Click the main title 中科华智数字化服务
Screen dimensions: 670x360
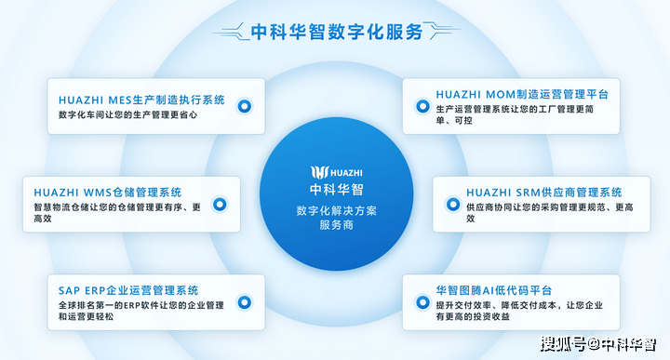pos(337,32)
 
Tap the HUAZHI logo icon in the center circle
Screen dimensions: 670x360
pos(319,172)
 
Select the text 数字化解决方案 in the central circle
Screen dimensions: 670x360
pos(337,210)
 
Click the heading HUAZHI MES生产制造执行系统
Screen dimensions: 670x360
pos(141,100)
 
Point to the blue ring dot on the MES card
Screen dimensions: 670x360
pos(245,106)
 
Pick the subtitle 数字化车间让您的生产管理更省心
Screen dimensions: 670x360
pos(127,114)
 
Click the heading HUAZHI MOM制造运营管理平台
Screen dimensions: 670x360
pos(522,94)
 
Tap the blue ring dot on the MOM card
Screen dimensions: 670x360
pos(422,106)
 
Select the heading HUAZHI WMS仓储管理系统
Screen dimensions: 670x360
pos(108,193)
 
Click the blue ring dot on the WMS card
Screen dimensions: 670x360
pos(220,204)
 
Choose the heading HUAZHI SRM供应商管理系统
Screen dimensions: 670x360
pos(544,193)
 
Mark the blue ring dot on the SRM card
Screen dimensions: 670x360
pos(453,204)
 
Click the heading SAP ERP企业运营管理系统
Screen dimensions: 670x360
pos(128,290)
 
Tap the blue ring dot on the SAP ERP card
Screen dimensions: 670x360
pos(245,302)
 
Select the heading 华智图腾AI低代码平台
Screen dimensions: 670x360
pos(493,290)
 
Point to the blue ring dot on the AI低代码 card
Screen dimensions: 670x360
pos(422,302)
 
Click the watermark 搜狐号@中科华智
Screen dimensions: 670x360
pos(597,344)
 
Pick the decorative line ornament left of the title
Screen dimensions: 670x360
pos(231,32)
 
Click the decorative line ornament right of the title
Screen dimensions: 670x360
pos(443,32)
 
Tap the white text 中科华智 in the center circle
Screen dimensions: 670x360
pos(337,189)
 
